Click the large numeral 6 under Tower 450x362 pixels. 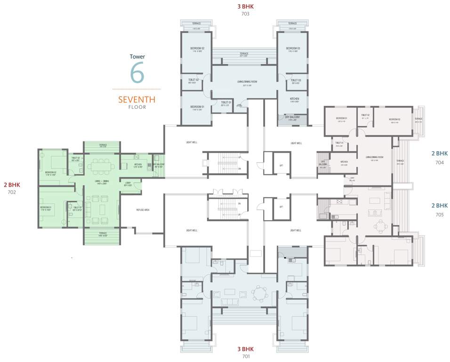(x=137, y=73)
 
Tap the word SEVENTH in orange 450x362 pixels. (x=137, y=99)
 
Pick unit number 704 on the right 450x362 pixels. (x=440, y=162)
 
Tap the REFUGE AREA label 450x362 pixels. (x=143, y=210)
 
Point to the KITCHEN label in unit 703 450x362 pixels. (x=294, y=99)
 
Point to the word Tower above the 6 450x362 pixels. (x=137, y=57)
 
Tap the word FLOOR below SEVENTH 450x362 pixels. (x=137, y=107)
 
